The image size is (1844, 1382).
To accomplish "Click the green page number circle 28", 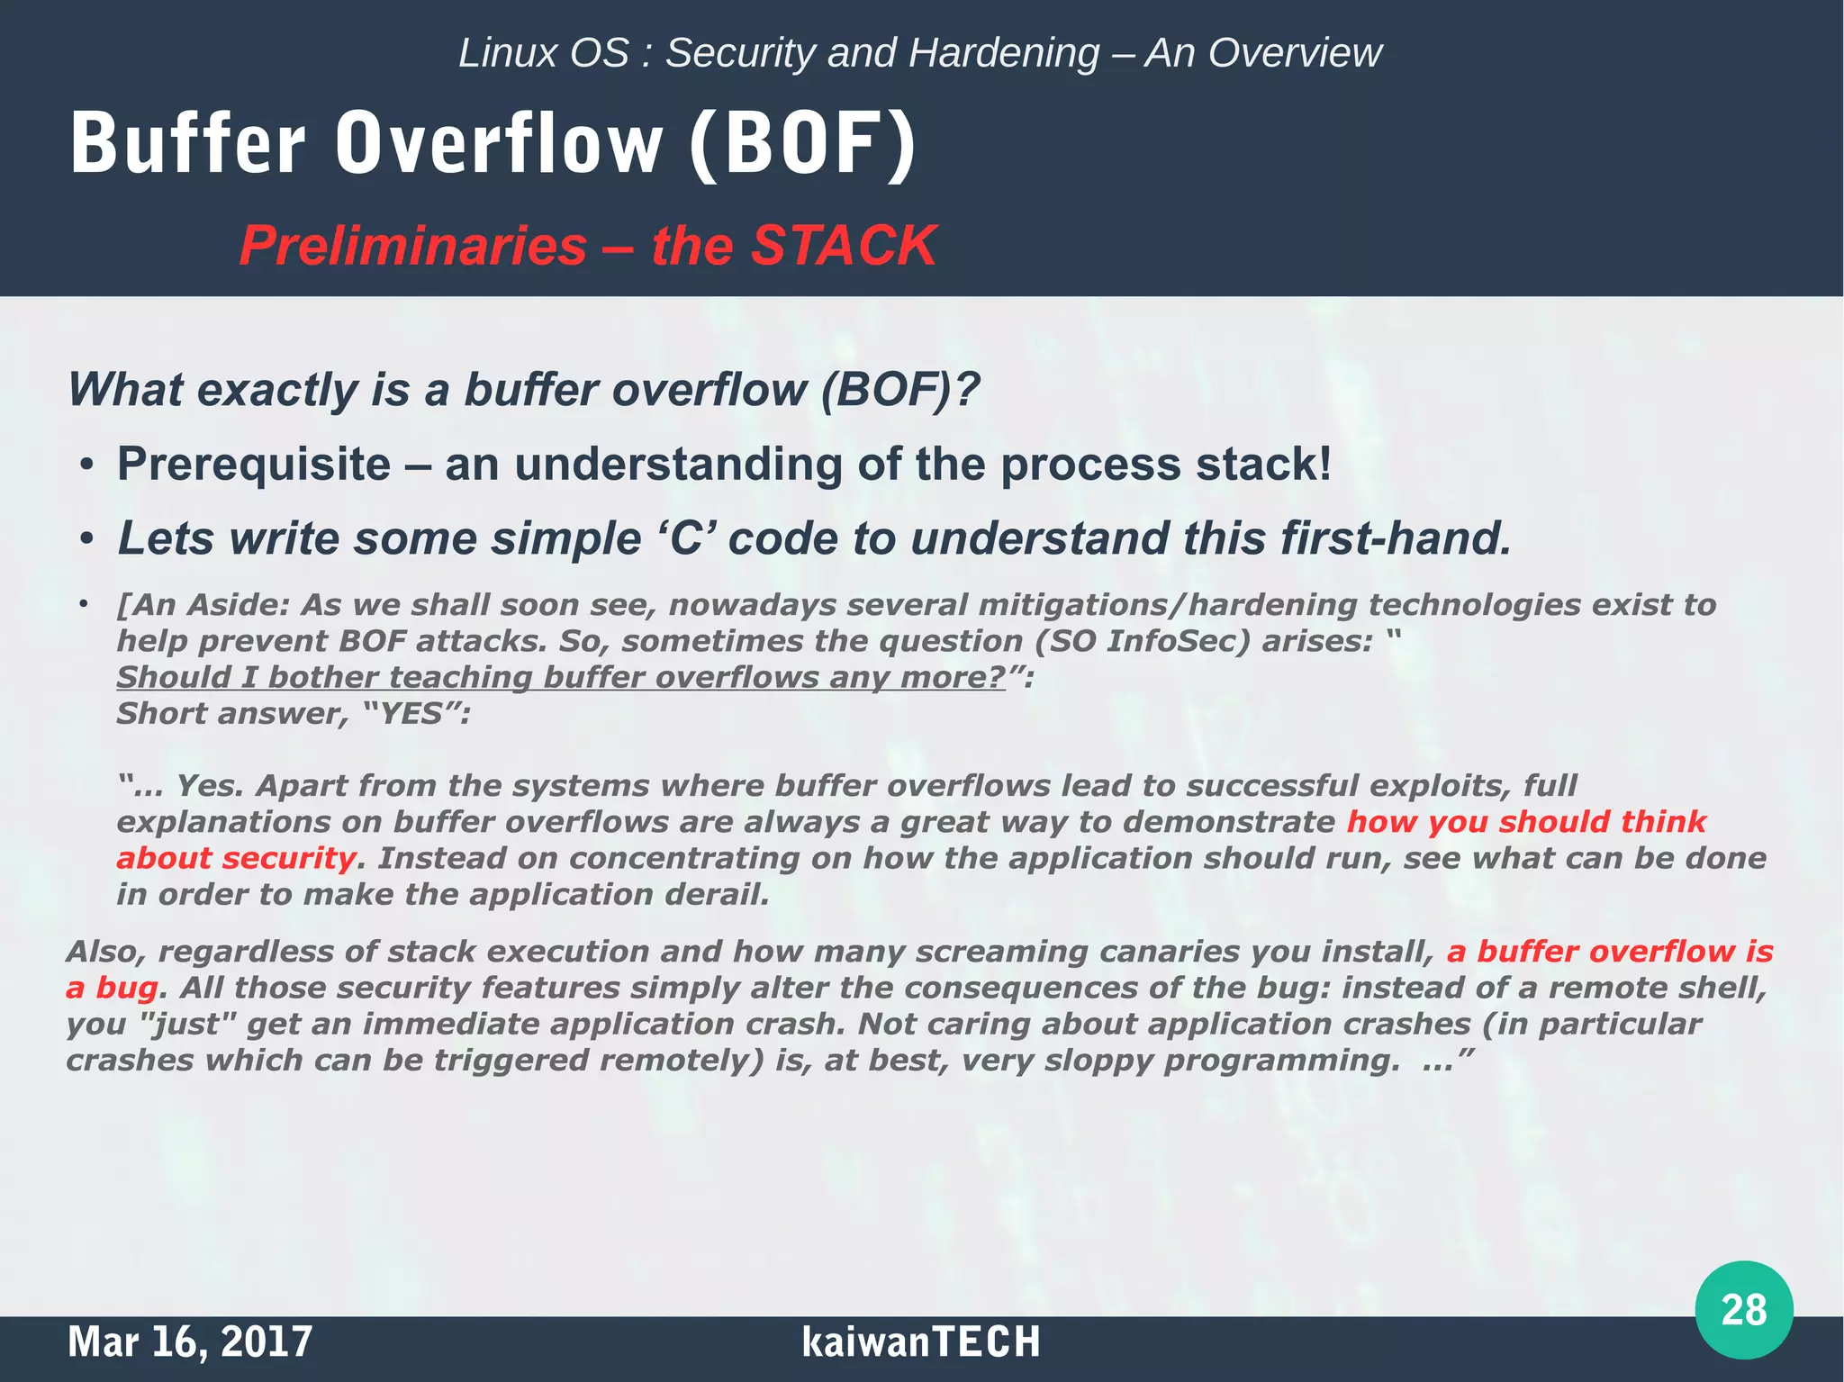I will tap(1743, 1309).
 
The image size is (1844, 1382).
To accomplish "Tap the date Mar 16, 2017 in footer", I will tap(190, 1341).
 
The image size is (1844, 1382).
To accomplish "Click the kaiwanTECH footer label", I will tap(920, 1341).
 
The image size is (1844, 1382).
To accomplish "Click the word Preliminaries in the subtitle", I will tap(413, 245).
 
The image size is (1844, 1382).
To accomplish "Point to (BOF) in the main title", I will tap(802, 144).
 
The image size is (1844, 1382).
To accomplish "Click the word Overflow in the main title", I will tap(499, 144).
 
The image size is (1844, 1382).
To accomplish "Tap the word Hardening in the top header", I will tap(1003, 53).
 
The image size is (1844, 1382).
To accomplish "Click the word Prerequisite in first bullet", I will tap(254, 465).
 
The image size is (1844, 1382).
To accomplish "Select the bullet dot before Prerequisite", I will tap(86, 466).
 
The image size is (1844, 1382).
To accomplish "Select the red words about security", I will tap(236, 858).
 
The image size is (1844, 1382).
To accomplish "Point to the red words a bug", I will tap(112, 988).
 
